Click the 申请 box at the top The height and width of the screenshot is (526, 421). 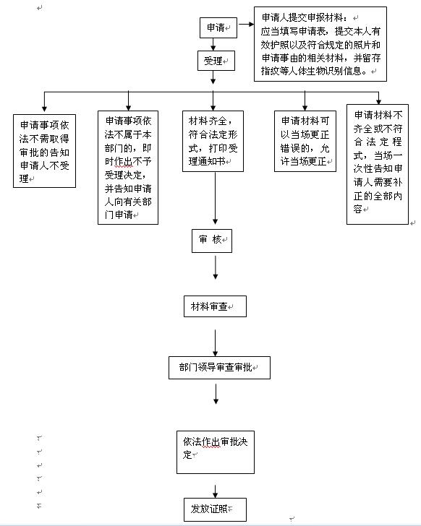click(x=218, y=28)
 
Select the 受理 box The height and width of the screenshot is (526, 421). click(x=216, y=61)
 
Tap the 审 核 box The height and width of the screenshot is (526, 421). click(x=212, y=241)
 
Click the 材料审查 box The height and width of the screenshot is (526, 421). click(x=215, y=306)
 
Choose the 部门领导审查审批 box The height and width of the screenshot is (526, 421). click(x=219, y=368)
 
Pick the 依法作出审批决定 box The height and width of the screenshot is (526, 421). click(x=215, y=452)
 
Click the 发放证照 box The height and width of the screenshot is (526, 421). click(x=215, y=509)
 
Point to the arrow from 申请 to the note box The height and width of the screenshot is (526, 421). click(x=246, y=24)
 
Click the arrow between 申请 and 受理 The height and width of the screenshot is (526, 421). click(x=213, y=44)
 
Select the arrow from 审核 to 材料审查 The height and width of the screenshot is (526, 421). click(x=215, y=267)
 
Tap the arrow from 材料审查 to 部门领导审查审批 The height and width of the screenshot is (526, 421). click(x=215, y=342)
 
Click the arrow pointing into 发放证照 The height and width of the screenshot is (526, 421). click(x=215, y=491)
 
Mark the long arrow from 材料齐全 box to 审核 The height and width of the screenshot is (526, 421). click(x=215, y=198)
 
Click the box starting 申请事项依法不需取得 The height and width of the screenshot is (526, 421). click(x=44, y=151)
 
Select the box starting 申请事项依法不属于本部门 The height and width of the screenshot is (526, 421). click(x=128, y=168)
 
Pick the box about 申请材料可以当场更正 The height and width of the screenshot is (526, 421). click(x=305, y=141)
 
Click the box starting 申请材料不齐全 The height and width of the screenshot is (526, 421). click(x=378, y=164)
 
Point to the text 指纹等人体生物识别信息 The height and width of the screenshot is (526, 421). click(x=313, y=71)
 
